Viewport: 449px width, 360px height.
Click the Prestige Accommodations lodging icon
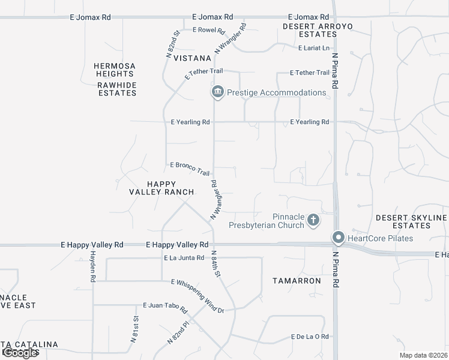217,92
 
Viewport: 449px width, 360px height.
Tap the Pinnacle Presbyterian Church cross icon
313,220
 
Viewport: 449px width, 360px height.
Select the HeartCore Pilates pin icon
338,238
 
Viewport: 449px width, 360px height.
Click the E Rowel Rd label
209,30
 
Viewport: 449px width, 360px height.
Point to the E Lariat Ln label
315,48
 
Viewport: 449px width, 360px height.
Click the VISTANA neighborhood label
192,58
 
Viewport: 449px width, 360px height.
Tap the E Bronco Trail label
190,167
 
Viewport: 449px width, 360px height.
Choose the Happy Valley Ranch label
162,188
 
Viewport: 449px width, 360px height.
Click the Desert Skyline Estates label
412,221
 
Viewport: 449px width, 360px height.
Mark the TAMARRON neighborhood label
297,280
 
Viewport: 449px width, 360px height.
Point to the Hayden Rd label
93,266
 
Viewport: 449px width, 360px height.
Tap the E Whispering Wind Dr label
197,296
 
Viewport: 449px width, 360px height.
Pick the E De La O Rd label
310,337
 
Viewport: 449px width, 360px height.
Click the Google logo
20,353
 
